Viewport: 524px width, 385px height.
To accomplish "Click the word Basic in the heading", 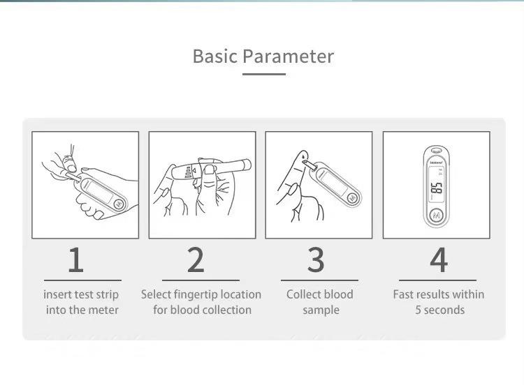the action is pos(215,56).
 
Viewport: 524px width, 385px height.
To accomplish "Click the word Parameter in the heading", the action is pos(288,56).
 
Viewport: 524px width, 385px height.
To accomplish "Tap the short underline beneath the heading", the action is pos(264,74).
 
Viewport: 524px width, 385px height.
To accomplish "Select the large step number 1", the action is pos(76,260).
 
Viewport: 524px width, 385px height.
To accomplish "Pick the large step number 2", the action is pos(196,260).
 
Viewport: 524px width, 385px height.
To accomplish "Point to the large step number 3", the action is pos(316,260).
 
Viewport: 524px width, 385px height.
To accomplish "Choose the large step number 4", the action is pos(439,260).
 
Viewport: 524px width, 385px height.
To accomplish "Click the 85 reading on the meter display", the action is pos(437,188).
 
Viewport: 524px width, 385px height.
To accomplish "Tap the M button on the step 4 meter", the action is pos(437,216).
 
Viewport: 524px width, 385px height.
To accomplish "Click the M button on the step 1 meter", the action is pos(119,204).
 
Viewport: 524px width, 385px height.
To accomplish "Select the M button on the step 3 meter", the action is pos(352,198).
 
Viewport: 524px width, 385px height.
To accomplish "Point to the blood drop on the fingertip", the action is pos(303,155).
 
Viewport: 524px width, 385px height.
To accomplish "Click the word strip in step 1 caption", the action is pos(108,294).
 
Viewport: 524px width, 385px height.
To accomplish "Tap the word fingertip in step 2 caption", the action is pos(191,295).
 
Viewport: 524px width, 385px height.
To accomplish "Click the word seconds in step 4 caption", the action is pos(444,310).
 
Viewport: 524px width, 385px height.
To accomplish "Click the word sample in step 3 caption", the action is pos(321,310).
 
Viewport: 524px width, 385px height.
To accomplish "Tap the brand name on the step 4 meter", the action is pos(436,163).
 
